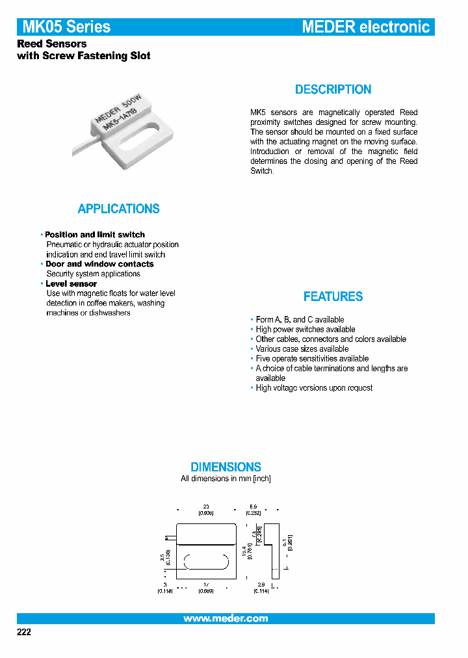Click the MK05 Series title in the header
point(66,27)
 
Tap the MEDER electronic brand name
point(366,27)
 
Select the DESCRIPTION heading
point(333,90)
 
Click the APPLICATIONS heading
point(118,209)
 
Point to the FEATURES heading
point(333,296)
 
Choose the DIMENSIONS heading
point(226,467)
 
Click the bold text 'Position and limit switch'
point(95,235)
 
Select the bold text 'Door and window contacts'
point(99,264)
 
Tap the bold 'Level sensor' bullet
point(71,283)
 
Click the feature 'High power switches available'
point(305,329)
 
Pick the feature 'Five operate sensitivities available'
point(312,358)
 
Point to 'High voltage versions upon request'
point(314,388)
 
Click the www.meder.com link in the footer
point(226,618)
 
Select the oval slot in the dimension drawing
point(206,562)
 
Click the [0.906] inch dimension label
point(206,513)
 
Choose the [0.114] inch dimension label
point(261,591)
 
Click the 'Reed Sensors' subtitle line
point(51,44)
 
